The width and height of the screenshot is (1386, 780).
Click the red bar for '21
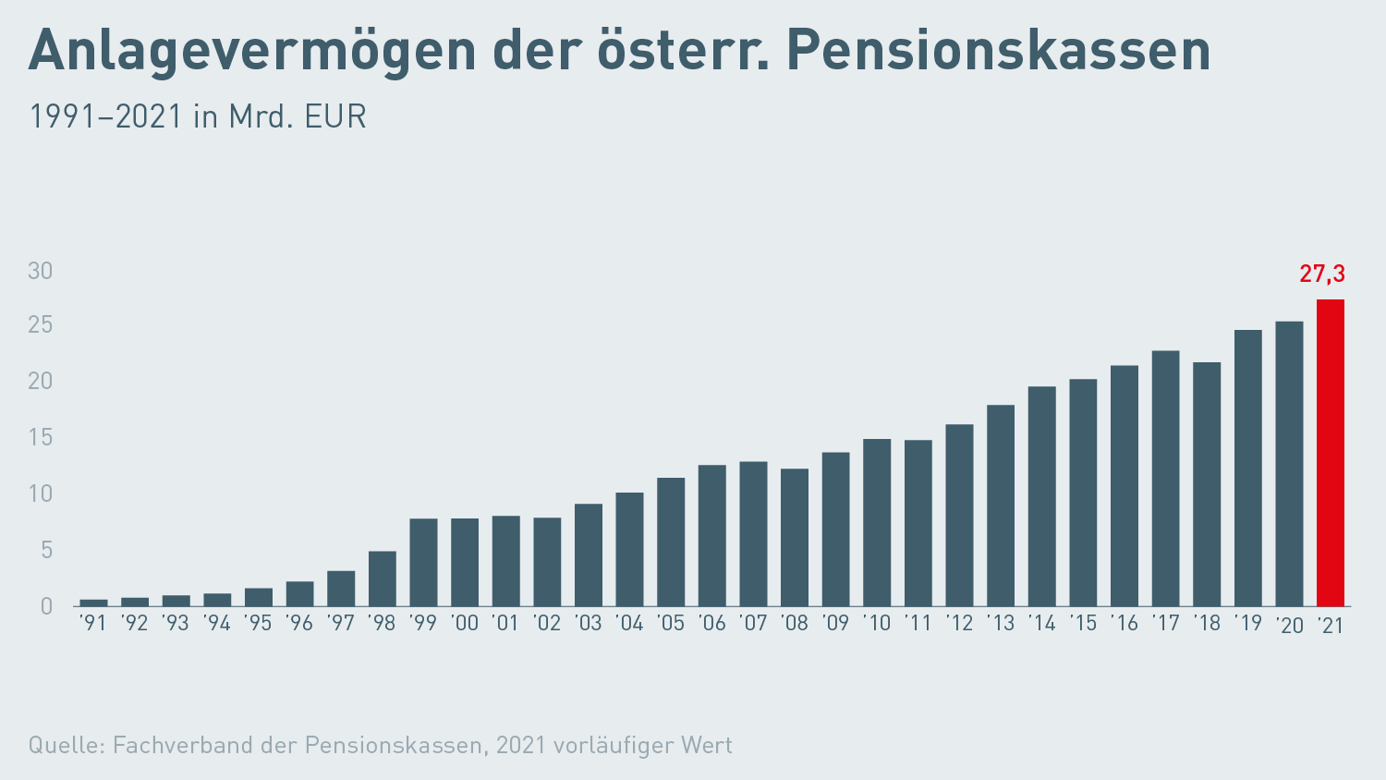pos(1331,453)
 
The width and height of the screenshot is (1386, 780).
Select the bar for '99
pos(423,562)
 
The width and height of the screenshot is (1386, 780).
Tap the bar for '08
pos(795,537)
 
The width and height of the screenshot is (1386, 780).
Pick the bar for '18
pos(1207,483)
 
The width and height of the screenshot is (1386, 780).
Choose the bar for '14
pos(1041,496)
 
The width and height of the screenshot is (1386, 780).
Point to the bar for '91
pos(93,603)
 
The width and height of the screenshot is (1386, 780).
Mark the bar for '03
pos(589,555)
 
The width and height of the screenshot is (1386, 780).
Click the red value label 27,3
pos(1322,274)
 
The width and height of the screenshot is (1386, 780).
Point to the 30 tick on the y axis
pos(41,271)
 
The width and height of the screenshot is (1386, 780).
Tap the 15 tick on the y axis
pos(41,437)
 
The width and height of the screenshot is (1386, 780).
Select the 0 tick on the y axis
pos(46,606)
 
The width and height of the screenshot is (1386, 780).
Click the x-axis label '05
pos(671,624)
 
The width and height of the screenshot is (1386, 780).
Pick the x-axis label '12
pos(959,624)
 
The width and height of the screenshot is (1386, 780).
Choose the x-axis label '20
pos(1289,626)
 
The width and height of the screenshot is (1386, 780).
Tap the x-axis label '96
pos(299,624)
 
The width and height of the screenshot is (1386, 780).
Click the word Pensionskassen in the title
pos(998,51)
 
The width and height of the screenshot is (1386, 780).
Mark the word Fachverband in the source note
pos(183,745)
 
